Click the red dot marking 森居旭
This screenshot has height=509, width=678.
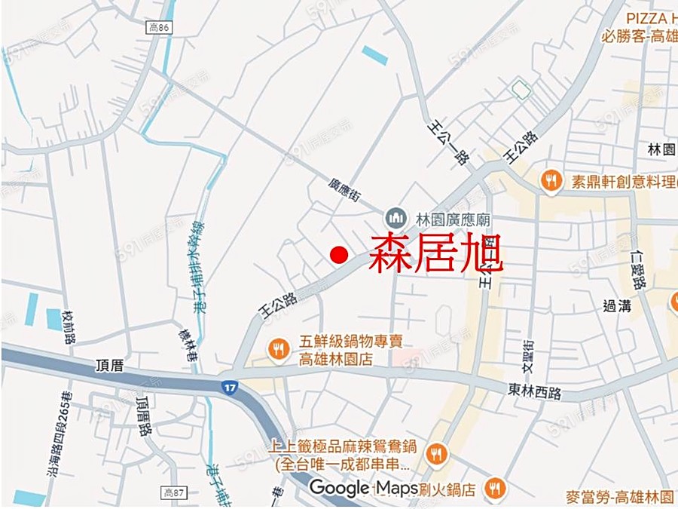340,255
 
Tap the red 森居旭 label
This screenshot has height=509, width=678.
435,253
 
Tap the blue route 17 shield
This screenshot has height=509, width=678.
230,387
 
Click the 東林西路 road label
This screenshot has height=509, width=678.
535,391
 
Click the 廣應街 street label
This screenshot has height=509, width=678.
345,189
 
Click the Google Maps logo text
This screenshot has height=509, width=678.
364,488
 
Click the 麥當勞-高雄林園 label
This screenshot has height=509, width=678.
620,497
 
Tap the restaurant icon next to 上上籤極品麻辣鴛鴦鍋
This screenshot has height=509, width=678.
435,454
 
